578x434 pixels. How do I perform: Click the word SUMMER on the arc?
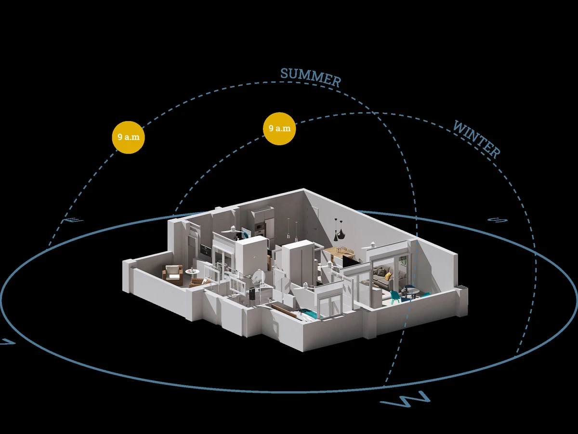click(x=311, y=77)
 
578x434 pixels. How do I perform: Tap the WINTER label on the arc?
click(x=476, y=139)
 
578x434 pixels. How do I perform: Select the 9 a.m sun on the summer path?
click(x=128, y=137)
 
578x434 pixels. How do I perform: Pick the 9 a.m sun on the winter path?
click(x=279, y=128)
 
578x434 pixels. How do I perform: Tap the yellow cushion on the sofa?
click(x=388, y=276)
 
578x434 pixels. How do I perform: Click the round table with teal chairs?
click(x=410, y=290)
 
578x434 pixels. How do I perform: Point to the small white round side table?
click(x=191, y=272)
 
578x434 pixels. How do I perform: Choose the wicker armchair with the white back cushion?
click(x=172, y=273)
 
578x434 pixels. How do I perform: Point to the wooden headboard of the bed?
click(x=284, y=309)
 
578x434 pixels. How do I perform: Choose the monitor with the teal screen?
click(x=246, y=234)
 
